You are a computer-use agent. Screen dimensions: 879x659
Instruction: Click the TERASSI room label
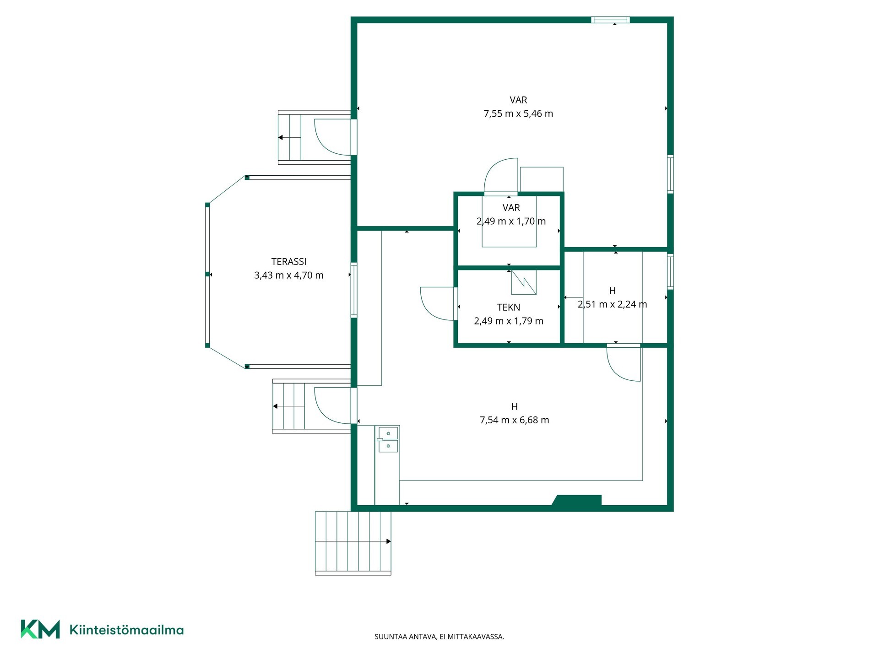point(289,262)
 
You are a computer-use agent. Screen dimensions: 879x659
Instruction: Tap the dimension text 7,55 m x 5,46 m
point(518,113)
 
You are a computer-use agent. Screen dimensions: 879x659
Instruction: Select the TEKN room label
point(509,308)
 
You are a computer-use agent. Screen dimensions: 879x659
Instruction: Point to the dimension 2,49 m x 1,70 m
point(511,221)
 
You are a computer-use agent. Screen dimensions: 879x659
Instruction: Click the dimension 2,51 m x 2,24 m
point(612,304)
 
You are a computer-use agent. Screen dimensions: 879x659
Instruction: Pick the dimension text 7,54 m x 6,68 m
point(514,420)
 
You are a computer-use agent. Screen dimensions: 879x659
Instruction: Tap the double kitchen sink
point(387,439)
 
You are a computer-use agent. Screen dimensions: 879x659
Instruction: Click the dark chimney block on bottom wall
point(577,500)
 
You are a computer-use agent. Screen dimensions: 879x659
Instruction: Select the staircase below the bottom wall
point(353,543)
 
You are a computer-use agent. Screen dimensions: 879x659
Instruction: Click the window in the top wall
point(610,20)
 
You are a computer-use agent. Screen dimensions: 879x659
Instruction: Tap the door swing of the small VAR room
point(501,175)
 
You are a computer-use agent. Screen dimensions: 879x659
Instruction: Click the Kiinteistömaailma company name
point(126,630)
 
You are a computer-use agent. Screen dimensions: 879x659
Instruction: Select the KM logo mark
point(40,629)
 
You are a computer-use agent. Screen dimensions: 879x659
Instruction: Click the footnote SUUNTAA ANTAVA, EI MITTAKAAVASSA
point(439,637)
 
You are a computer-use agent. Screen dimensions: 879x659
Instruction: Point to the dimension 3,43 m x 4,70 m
point(289,275)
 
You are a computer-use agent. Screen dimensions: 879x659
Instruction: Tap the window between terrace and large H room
point(354,290)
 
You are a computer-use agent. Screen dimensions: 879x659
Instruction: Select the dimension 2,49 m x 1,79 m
point(509,321)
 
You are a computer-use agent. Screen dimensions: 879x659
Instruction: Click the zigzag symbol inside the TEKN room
point(524,282)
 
